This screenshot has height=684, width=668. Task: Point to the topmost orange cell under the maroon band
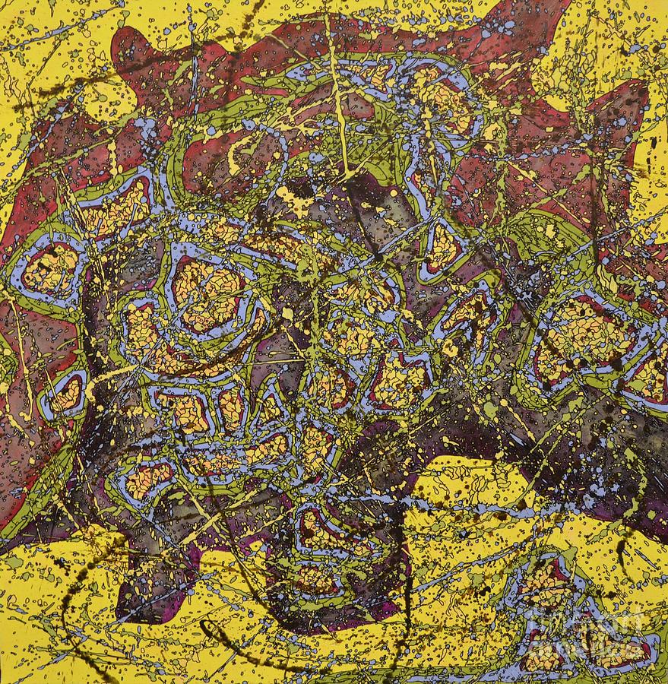pos(372,76)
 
